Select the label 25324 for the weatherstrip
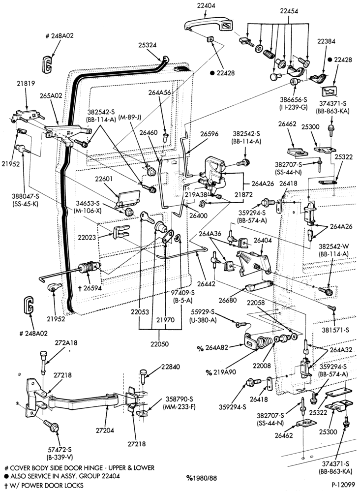tap(147, 45)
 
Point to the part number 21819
tap(26, 84)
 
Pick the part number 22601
tap(104, 179)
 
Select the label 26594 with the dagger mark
tap(90, 287)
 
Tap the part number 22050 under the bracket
tap(160, 344)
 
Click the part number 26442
tap(207, 284)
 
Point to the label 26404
tap(263, 241)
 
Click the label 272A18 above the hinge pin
tap(66, 343)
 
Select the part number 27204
tap(105, 430)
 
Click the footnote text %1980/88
tap(201, 478)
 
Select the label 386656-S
tap(294, 100)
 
